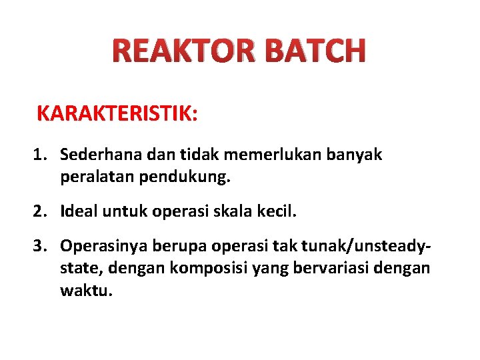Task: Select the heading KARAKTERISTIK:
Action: point(117,113)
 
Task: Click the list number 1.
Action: point(41,155)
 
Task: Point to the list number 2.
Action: point(41,212)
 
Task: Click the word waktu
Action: point(79,291)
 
